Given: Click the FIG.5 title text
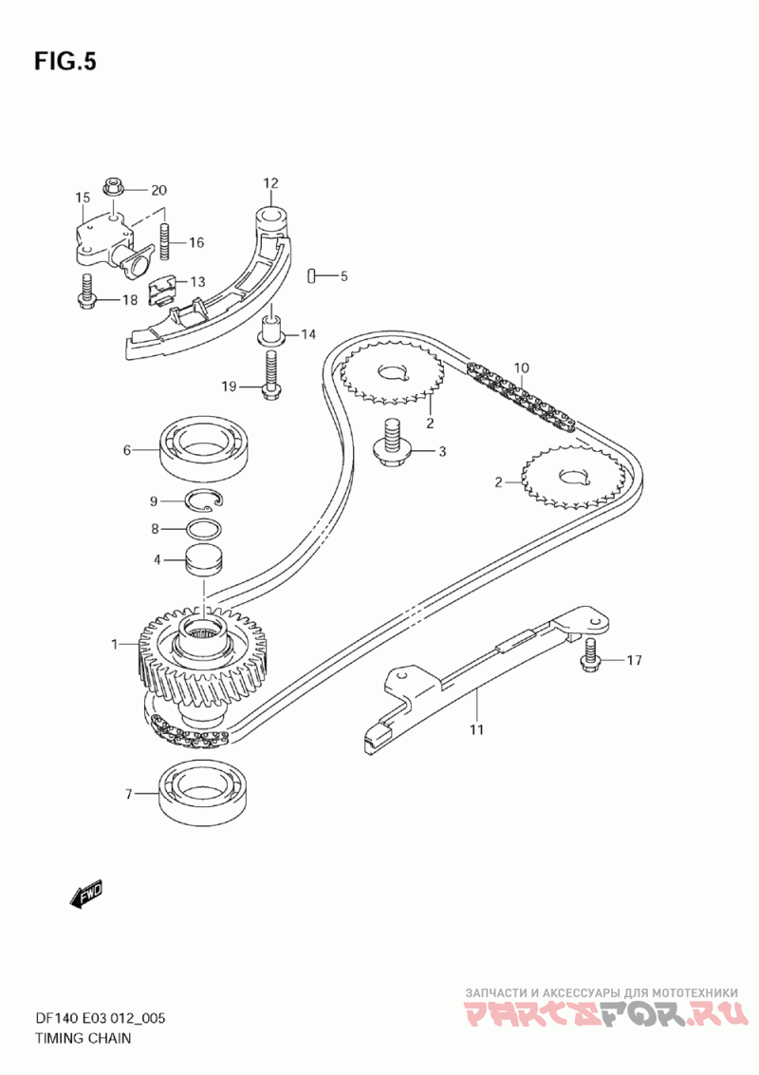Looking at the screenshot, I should (65, 62).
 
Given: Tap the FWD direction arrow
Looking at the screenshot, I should (86, 894).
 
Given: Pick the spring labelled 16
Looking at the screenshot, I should (165, 239).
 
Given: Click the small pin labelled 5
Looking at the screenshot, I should (312, 275).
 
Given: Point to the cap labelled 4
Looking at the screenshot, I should (202, 559).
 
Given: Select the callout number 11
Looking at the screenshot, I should (475, 729).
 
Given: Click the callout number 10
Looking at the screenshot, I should (521, 368).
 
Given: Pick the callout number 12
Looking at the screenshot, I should (270, 182).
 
